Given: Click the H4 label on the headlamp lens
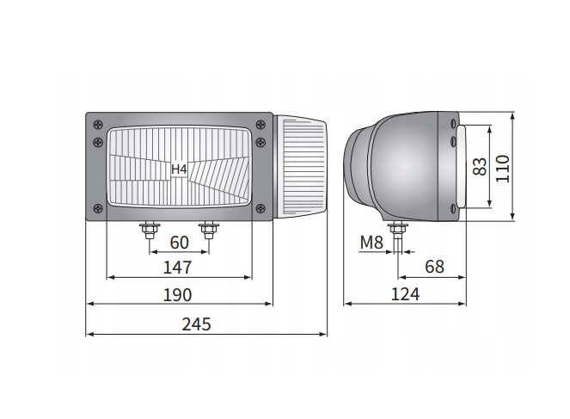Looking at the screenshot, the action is pyautogui.click(x=179, y=169).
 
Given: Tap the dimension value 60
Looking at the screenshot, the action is pyautogui.click(x=179, y=243).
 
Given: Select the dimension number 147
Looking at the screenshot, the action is pyautogui.click(x=177, y=268).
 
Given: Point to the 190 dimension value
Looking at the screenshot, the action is pyautogui.click(x=177, y=295).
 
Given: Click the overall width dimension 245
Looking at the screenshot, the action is pyautogui.click(x=196, y=324).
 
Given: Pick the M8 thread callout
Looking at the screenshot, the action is pyautogui.click(x=371, y=243).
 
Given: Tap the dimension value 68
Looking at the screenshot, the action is pyautogui.click(x=434, y=267).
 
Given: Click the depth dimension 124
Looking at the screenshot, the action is pyautogui.click(x=405, y=294).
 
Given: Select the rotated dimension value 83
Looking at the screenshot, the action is pyautogui.click(x=480, y=167).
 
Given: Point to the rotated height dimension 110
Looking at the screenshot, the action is pyautogui.click(x=503, y=169).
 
